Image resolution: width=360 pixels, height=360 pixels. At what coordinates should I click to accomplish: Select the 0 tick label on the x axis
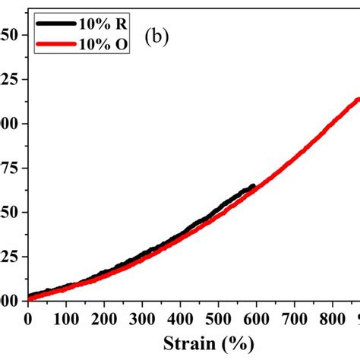point(28,317)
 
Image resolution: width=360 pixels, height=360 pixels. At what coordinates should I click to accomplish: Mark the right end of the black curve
point(253,186)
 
